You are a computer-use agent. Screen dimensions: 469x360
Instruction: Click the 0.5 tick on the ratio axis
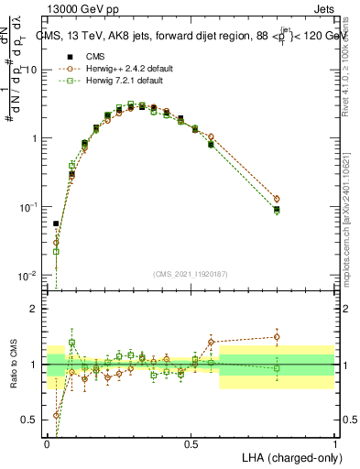point(33,420)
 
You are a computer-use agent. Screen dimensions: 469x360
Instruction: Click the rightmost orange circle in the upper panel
point(277,199)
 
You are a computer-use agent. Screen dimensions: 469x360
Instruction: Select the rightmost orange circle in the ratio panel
point(277,337)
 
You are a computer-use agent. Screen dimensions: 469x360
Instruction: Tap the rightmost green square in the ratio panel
point(277,368)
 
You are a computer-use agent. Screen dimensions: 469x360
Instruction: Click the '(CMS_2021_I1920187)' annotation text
point(190,273)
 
